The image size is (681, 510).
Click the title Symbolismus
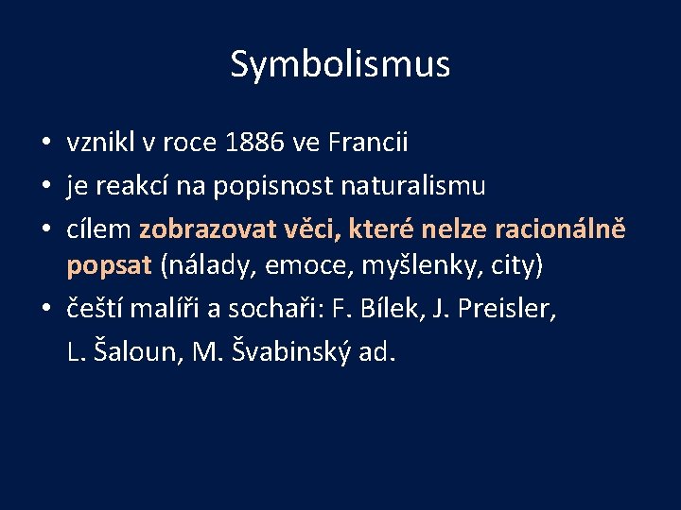(340, 64)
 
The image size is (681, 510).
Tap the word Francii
(368, 143)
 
